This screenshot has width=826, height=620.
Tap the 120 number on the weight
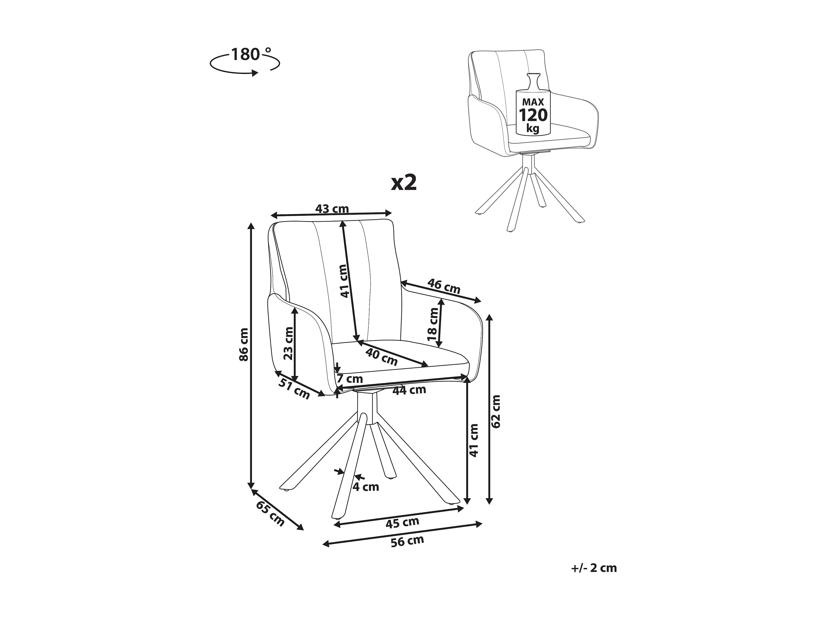click(x=533, y=116)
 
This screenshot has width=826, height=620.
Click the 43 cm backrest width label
click(x=332, y=209)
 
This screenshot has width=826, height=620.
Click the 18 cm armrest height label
click(x=433, y=324)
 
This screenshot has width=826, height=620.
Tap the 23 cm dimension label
click(x=289, y=343)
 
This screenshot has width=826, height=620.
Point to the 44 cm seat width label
click(x=409, y=390)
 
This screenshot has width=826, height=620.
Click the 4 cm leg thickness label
click(x=366, y=487)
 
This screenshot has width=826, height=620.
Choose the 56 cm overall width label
click(x=407, y=541)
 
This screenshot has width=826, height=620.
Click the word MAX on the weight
click(x=533, y=102)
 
